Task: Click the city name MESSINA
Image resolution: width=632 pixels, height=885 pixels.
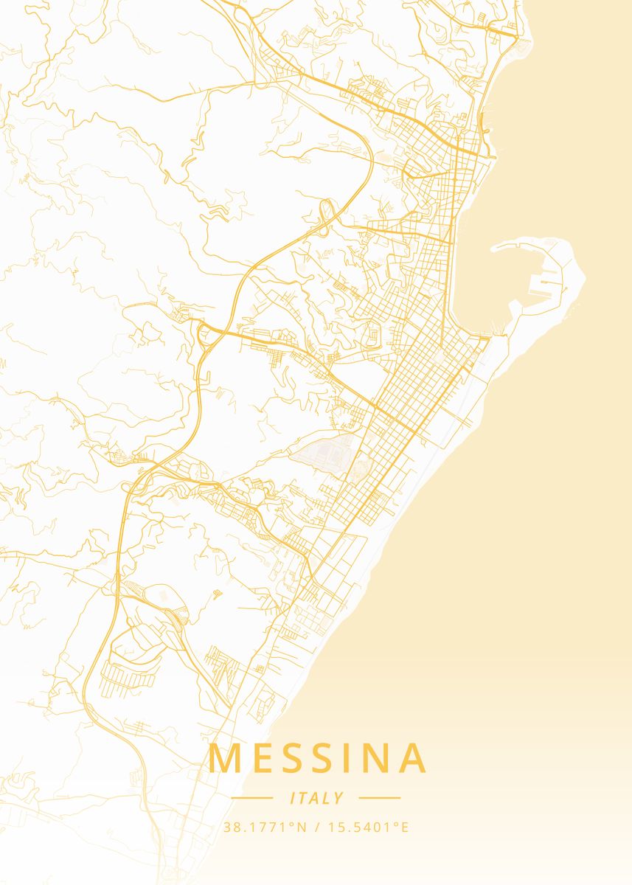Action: tap(318, 758)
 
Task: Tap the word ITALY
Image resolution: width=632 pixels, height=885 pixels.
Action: tap(317, 798)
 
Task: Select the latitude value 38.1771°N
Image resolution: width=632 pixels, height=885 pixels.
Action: tap(265, 827)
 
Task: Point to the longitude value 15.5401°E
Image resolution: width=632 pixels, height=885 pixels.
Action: tap(367, 827)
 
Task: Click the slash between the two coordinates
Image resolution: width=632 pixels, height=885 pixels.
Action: tap(316, 827)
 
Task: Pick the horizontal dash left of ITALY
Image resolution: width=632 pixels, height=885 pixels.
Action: tap(252, 798)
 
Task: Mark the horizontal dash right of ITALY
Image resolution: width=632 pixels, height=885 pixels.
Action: tap(379, 798)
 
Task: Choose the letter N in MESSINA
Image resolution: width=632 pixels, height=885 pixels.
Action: tap(375, 758)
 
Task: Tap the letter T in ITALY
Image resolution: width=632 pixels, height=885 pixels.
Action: tap(305, 798)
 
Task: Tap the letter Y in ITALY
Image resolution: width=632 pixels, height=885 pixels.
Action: tap(338, 798)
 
